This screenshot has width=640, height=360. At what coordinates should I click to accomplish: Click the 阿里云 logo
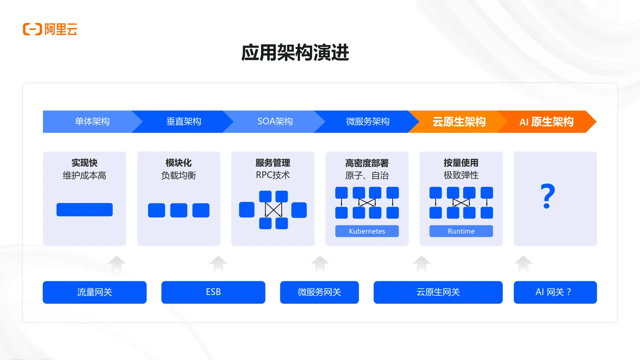tap(50, 29)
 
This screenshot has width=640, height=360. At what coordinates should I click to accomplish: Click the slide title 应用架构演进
tap(295, 53)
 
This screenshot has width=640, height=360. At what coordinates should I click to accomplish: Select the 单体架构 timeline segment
tap(92, 122)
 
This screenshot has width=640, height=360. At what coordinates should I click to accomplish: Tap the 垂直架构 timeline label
tap(184, 122)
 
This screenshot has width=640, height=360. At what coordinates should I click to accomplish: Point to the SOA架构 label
tap(275, 122)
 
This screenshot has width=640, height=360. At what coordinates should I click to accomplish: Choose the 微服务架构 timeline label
tap(368, 122)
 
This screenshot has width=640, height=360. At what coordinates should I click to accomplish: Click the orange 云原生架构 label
tap(459, 122)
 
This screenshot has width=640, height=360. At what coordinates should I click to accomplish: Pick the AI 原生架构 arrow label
tap(546, 122)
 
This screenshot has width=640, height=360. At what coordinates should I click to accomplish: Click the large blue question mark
tap(548, 196)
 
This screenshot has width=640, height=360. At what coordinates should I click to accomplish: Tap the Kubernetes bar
tap(367, 231)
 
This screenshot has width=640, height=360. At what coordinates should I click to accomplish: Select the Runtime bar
tap(461, 231)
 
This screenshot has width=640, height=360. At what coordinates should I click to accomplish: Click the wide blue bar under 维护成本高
tap(85, 210)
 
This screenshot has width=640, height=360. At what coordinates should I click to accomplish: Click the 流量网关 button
tap(95, 292)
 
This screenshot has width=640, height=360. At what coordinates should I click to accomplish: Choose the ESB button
tap(213, 292)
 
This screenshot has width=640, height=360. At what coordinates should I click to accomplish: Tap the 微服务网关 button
tap(319, 292)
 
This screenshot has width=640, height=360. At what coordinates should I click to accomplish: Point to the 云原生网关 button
tap(438, 292)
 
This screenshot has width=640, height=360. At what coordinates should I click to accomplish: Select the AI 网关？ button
tap(555, 292)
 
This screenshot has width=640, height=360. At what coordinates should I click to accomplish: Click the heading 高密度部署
tap(367, 163)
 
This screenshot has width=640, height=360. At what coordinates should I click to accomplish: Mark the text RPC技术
tap(273, 175)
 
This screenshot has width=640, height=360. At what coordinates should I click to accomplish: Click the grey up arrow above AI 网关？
tap(523, 263)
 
